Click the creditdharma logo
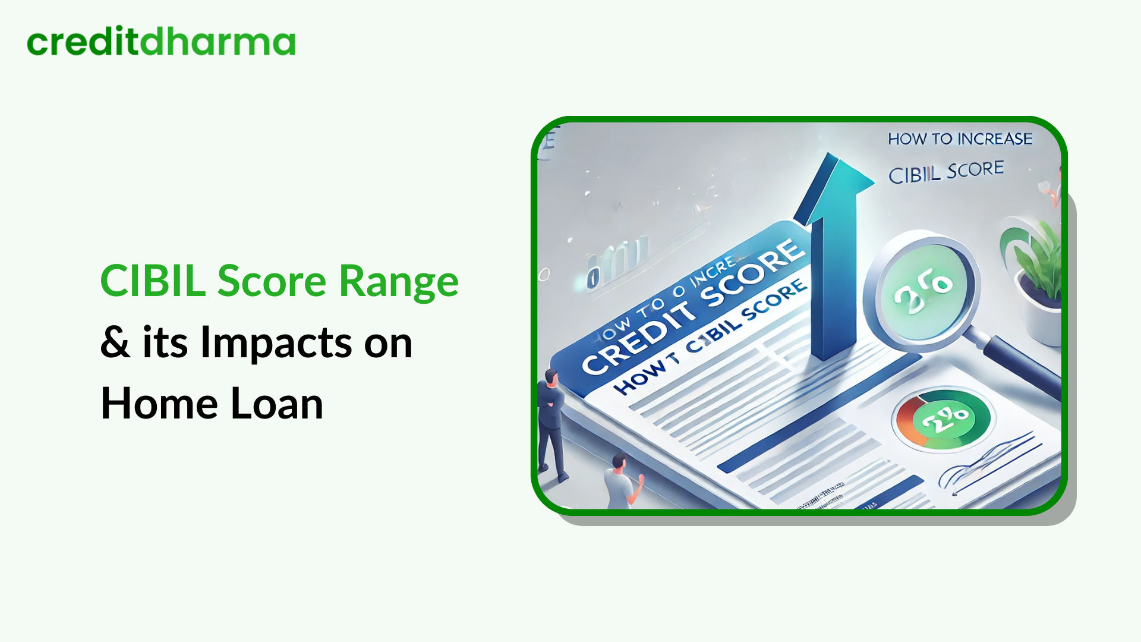click(161, 42)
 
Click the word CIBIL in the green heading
click(153, 281)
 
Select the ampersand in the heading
click(115, 342)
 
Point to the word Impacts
click(276, 344)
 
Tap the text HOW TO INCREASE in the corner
click(960, 139)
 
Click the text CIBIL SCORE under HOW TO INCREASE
click(945, 172)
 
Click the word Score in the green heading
click(272, 281)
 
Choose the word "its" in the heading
click(165, 344)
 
